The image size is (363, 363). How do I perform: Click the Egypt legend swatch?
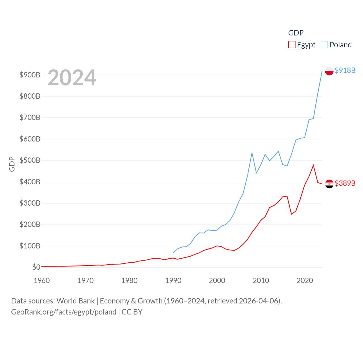tap(292, 45)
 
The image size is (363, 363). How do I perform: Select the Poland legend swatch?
tap(324, 45)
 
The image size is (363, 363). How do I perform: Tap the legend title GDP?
tap(296, 33)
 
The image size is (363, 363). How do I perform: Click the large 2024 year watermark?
tap(72, 78)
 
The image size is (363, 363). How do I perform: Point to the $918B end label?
tap(345, 70)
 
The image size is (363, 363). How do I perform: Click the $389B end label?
tap(345, 183)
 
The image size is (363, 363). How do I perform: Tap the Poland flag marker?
tap(329, 71)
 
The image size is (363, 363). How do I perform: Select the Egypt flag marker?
tap(329, 184)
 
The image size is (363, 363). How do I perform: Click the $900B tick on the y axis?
tap(30, 75)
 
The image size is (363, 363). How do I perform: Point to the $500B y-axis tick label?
tap(30, 161)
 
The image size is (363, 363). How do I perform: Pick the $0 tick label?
tap(36, 267)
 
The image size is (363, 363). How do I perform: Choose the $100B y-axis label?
tap(30, 246)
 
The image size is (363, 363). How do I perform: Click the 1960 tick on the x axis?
tap(42, 280)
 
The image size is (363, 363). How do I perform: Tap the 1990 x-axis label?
tap(173, 280)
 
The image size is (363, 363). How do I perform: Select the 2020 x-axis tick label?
tap(305, 280)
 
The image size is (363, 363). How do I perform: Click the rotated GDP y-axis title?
tap(12, 164)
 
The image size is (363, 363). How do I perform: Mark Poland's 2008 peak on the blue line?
tap(252, 153)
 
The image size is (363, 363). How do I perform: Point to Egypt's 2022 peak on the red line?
tap(313, 165)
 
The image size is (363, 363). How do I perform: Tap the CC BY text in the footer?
tap(132, 312)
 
